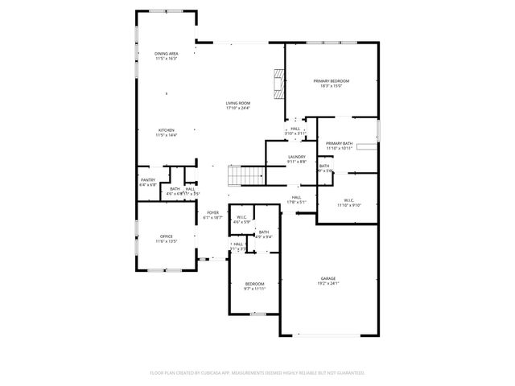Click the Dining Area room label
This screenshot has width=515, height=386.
pos(166,53)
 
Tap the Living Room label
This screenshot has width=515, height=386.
pos(237,103)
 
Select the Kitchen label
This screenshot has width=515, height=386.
pos(166,130)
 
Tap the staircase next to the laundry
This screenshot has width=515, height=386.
pos(246,173)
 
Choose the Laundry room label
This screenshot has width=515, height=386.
pos(296,157)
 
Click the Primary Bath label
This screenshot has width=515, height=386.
pos(339,143)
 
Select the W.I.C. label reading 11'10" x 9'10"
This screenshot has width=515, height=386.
pos(349,200)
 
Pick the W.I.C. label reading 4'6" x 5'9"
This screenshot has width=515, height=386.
pos(241,216)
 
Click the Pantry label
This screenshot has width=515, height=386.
pos(147,180)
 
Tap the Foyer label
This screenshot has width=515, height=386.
pos(212,212)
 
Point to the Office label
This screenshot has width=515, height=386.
pos(165,236)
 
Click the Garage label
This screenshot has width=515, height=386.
pos(328,278)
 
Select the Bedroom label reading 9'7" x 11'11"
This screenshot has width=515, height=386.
pos(254,284)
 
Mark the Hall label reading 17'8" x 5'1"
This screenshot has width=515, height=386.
pos(296,197)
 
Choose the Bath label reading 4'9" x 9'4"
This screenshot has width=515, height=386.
pos(263,232)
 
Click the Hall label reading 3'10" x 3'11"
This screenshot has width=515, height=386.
pos(295,129)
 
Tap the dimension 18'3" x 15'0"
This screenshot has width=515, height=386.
pos(331,86)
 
